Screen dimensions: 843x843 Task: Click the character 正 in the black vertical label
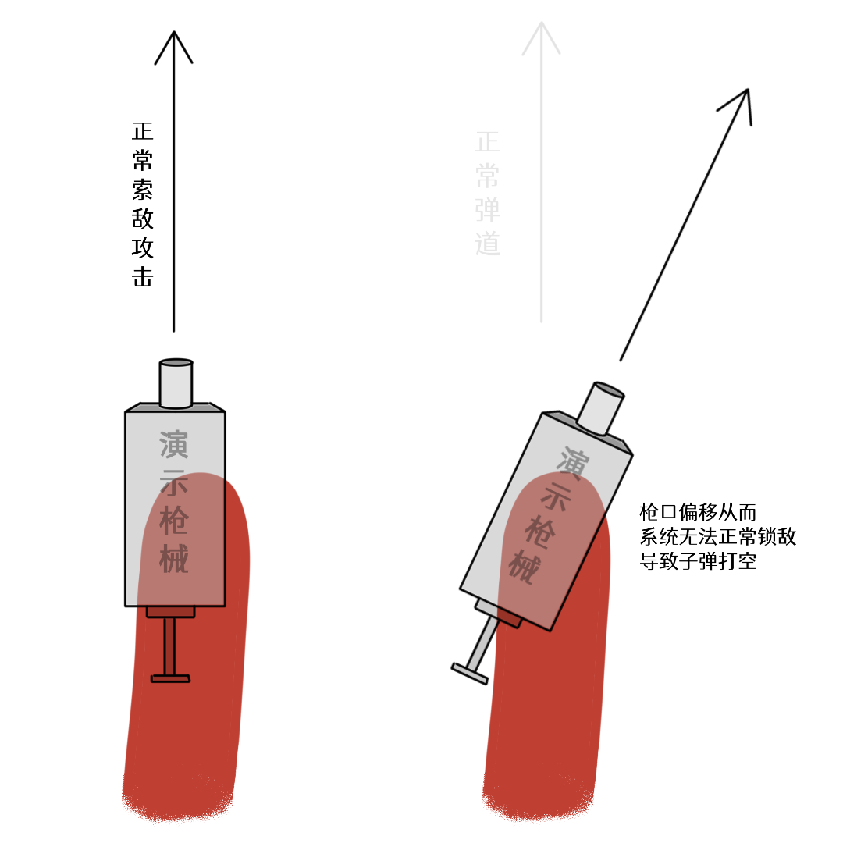coord(143,130)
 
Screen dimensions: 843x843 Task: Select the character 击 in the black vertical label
coord(143,276)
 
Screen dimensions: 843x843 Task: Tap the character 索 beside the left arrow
coord(143,189)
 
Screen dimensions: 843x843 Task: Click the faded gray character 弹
coord(488,210)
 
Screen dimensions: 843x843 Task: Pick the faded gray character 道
coord(488,244)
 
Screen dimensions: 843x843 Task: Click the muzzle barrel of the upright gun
coord(176,383)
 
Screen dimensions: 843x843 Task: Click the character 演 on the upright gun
coord(173,444)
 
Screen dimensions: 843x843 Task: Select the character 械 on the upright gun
coord(173,558)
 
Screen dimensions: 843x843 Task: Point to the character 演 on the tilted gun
coord(573,463)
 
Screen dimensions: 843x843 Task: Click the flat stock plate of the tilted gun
coord(469,674)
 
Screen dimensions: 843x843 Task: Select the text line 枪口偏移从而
coord(698,512)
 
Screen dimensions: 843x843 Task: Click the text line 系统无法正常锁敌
coord(718,536)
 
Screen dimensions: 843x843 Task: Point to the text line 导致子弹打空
coord(698,561)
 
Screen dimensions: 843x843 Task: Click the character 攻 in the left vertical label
coord(143,247)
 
